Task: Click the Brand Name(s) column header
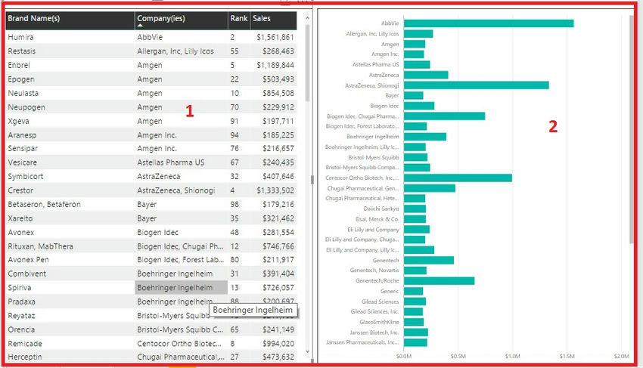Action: pyautogui.click(x=34, y=17)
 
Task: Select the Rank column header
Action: pyautogui.click(x=238, y=17)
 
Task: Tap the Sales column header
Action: pyautogui.click(x=262, y=17)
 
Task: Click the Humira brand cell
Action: pyautogui.click(x=20, y=37)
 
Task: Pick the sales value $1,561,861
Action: pyautogui.click(x=275, y=37)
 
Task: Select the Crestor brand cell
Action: pyautogui.click(x=21, y=190)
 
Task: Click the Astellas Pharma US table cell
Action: pyautogui.click(x=171, y=162)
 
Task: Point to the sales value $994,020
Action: pyautogui.click(x=275, y=343)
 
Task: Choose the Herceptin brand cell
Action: pyautogui.click(x=25, y=357)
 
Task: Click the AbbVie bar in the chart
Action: pyautogui.click(x=488, y=23)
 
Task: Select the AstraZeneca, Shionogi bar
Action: pyautogui.click(x=476, y=85)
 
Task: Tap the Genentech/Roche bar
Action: pyautogui.click(x=439, y=281)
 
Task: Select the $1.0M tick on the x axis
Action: pyautogui.click(x=512, y=356)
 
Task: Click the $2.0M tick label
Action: pyautogui.click(x=621, y=356)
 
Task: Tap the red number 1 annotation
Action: pyautogui.click(x=190, y=111)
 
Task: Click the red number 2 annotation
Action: pyautogui.click(x=553, y=127)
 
